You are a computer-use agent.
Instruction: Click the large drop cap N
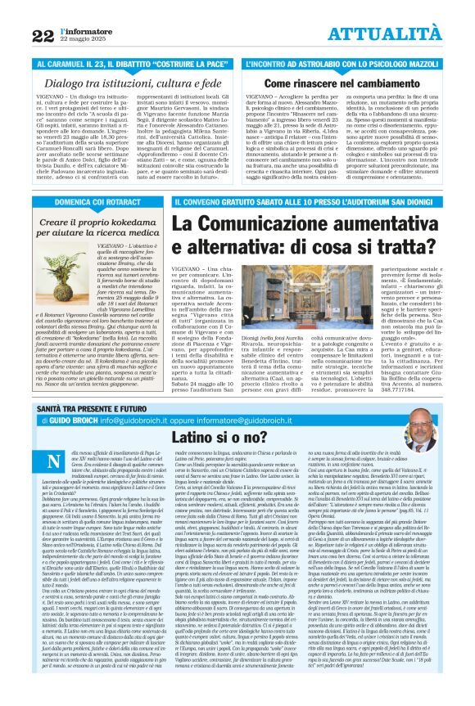pyautogui.click(x=56, y=462)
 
